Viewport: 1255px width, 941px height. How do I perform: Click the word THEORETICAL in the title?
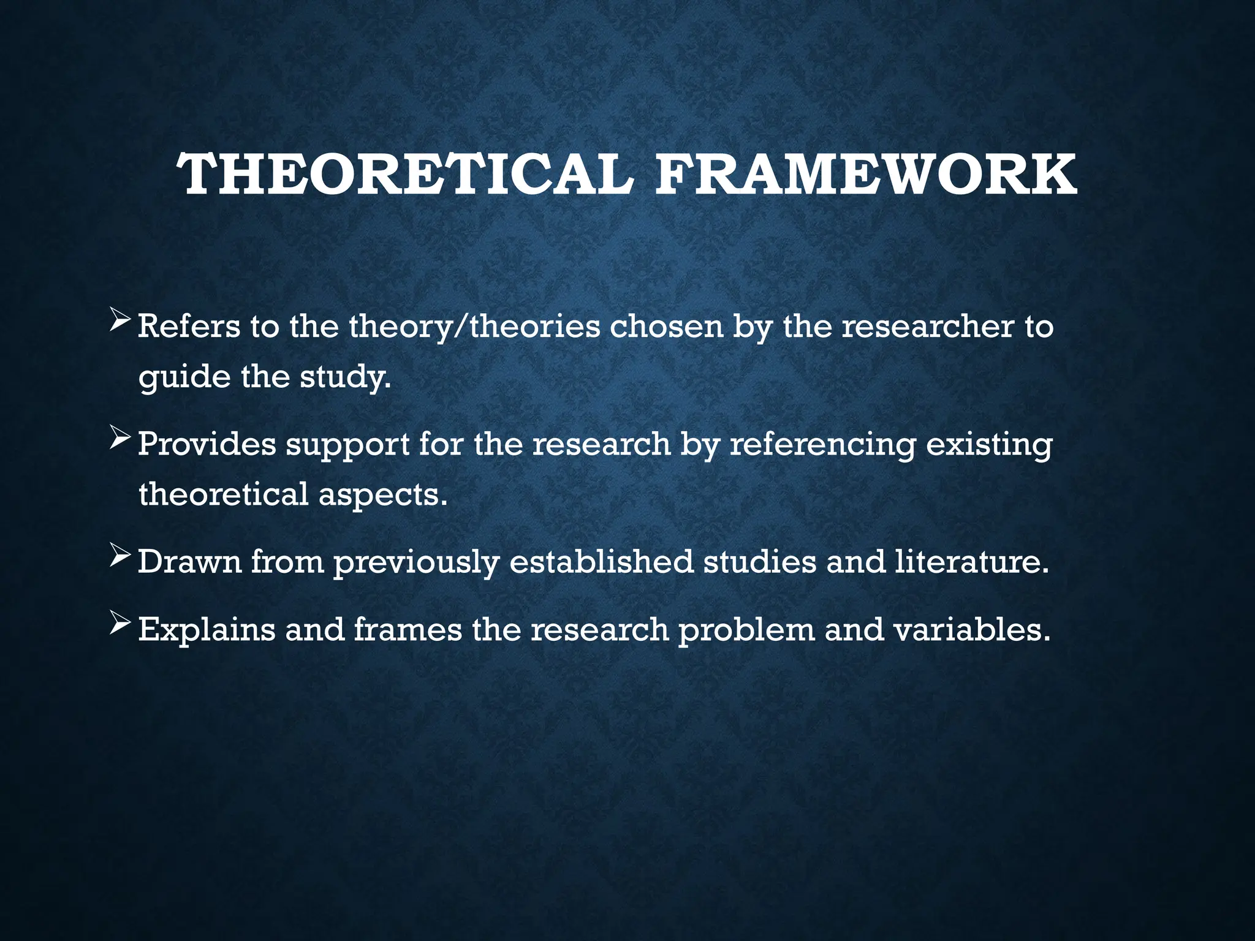pyautogui.click(x=404, y=175)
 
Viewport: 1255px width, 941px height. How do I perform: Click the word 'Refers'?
pyautogui.click(x=189, y=326)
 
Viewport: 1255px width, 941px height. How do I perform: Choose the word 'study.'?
pyautogui.click(x=345, y=377)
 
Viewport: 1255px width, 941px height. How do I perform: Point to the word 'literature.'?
pyautogui.click(x=972, y=561)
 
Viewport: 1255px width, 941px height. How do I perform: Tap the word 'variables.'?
pyautogui.click(x=971, y=630)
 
